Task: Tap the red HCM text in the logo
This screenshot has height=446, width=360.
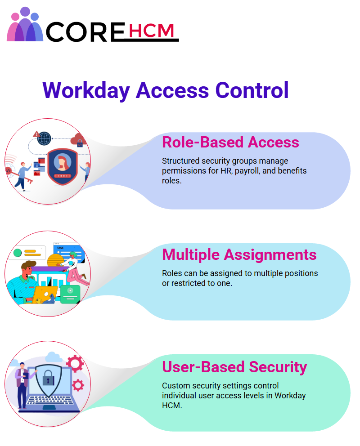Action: [x=151, y=31]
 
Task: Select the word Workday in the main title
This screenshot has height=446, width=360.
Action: [x=86, y=91]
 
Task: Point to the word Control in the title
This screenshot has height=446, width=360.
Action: [x=252, y=90]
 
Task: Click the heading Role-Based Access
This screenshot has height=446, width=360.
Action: [x=230, y=142]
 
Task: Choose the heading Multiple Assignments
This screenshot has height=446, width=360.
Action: [x=239, y=254]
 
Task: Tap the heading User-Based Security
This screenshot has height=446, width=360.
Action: [x=234, y=367]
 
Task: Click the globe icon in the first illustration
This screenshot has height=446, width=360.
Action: [x=45, y=138]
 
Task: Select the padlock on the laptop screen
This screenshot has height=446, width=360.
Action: [x=48, y=378]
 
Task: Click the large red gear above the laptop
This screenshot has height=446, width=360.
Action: [x=75, y=364]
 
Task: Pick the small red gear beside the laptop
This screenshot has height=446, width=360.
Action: [x=78, y=385]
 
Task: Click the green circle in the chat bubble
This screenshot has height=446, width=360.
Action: [x=18, y=253]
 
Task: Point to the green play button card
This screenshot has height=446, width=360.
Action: [x=70, y=294]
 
